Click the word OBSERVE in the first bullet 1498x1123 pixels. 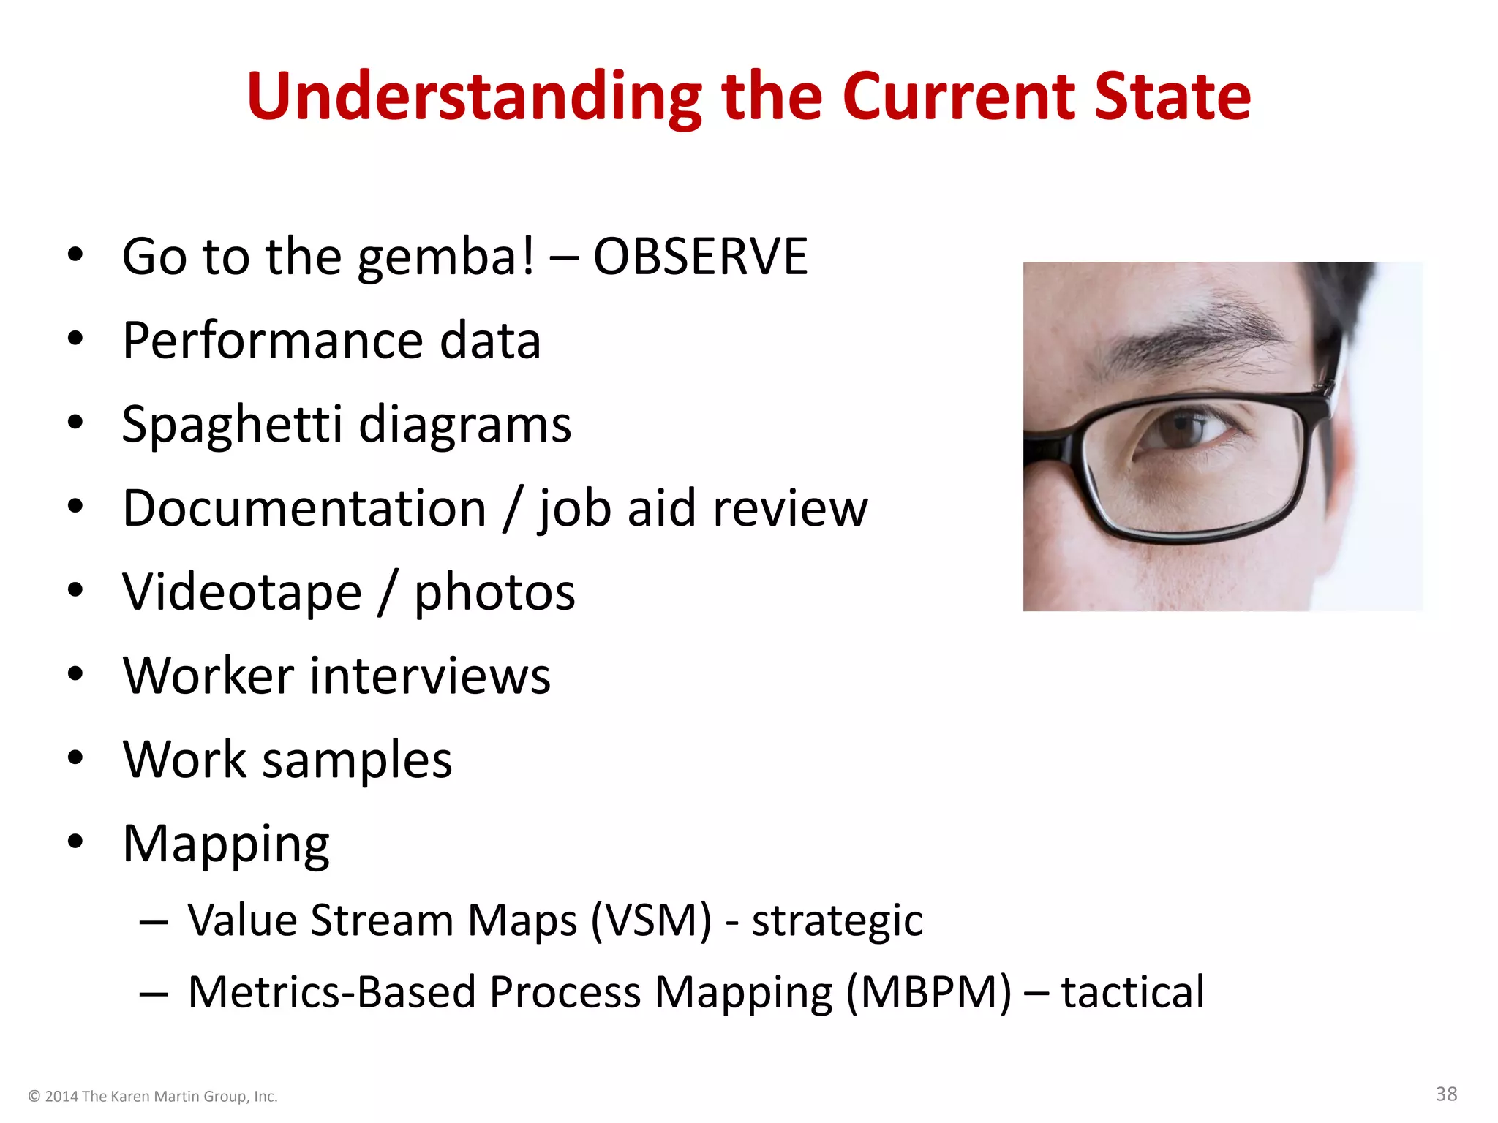coord(700,257)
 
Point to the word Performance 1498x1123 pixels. coord(272,341)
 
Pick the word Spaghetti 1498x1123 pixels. coord(232,426)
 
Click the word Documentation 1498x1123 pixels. coord(304,508)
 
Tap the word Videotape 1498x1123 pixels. coord(242,592)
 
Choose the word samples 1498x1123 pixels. coord(357,760)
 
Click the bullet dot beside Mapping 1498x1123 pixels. coord(75,842)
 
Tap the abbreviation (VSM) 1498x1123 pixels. coord(650,920)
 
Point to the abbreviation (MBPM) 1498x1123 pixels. coord(929,992)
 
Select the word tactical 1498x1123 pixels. coord(1132,992)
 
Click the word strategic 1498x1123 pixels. coord(837,921)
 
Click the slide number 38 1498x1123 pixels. coord(1446,1094)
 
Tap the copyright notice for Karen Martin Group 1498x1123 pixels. coord(153,1096)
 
